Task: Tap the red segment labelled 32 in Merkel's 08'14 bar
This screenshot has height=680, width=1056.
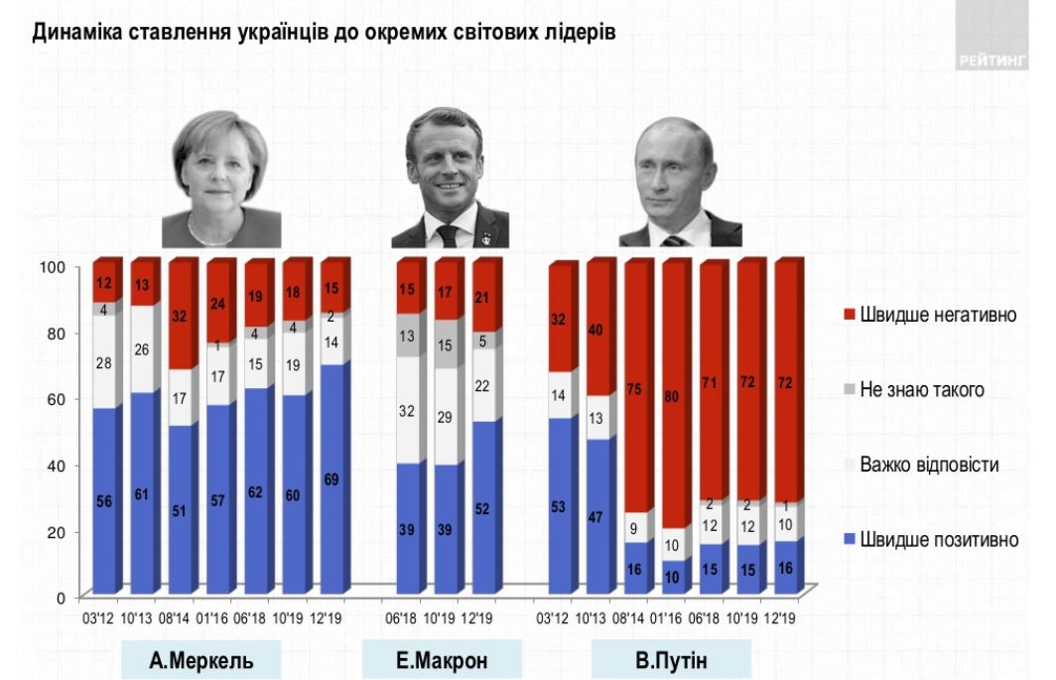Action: click(x=181, y=318)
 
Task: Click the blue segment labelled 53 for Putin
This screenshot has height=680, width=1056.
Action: click(x=558, y=505)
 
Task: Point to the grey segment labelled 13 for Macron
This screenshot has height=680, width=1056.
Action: click(x=408, y=336)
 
